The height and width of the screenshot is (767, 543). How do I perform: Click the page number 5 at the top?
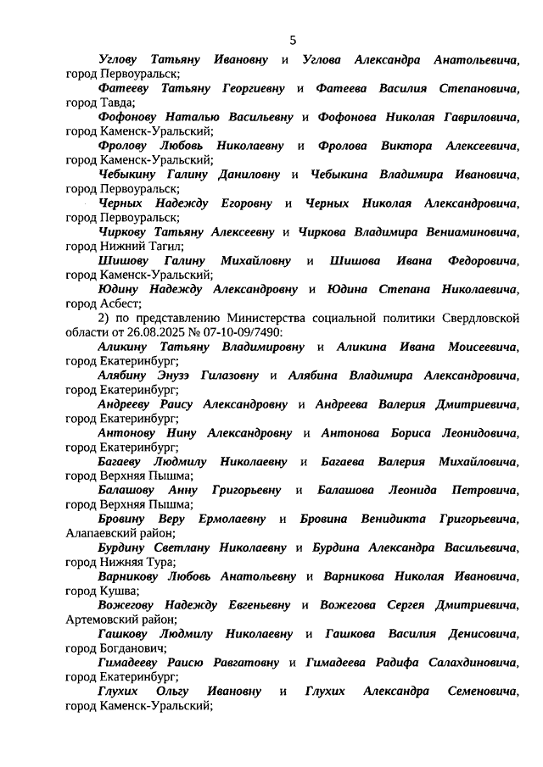click(293, 40)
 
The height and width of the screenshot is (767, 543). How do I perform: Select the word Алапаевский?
click(101, 533)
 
